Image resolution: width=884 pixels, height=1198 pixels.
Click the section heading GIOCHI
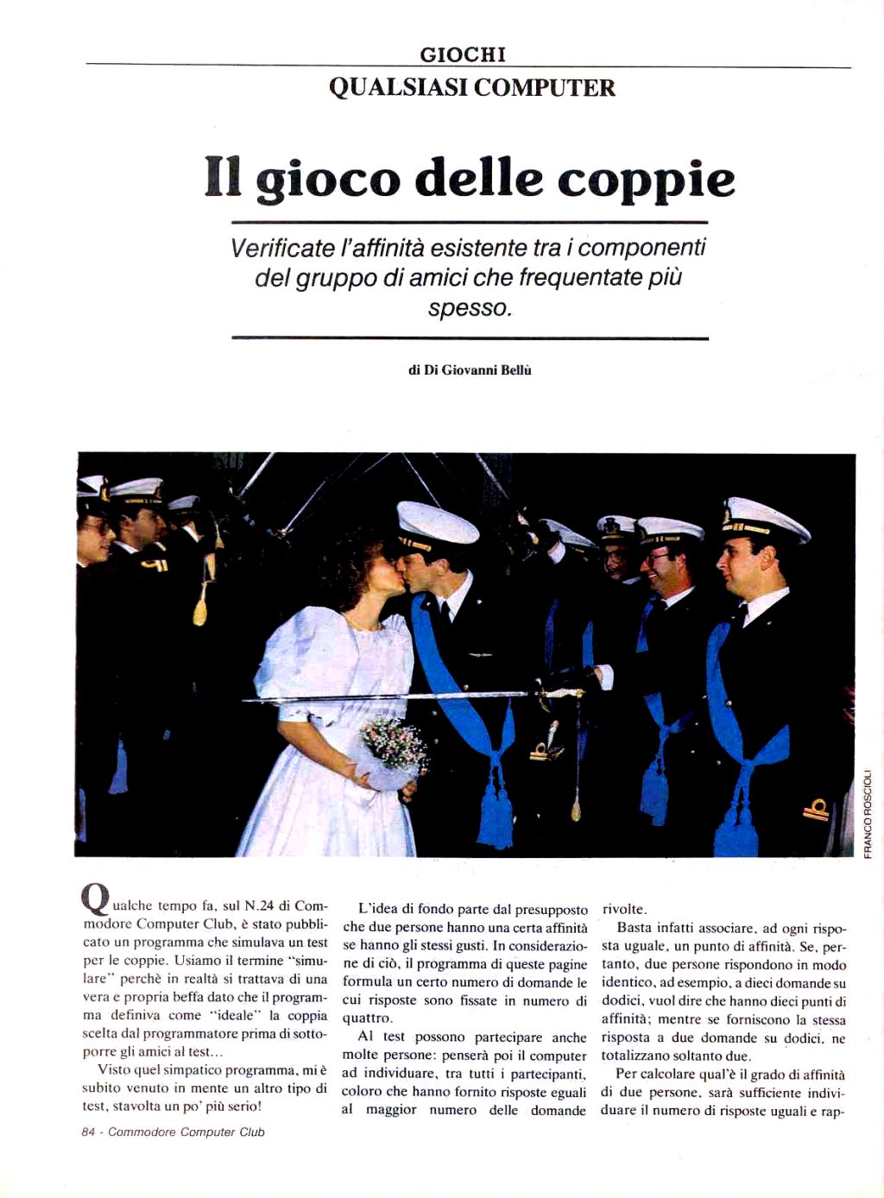(x=463, y=54)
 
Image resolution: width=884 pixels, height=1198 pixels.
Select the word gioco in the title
(x=328, y=180)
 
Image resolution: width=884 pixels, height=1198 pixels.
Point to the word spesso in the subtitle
(x=469, y=307)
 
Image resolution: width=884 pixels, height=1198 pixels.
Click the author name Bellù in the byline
(x=516, y=369)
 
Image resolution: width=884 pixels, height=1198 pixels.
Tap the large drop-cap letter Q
(x=95, y=898)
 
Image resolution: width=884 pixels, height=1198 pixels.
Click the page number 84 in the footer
(x=88, y=1132)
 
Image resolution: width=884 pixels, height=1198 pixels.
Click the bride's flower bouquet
(x=394, y=742)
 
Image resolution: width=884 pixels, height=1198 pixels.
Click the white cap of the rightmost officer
(x=764, y=518)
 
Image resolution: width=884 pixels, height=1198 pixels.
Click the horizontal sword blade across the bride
(x=388, y=696)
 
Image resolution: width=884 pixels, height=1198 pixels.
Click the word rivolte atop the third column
(x=624, y=909)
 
